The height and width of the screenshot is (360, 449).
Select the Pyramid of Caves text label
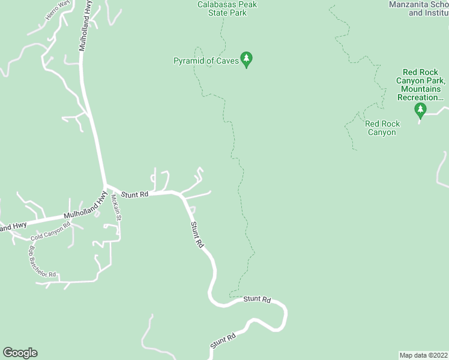205,61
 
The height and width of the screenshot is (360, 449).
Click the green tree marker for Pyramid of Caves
246,59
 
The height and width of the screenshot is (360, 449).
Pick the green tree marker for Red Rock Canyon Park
420,110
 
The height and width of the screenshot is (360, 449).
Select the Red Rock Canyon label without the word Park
382,128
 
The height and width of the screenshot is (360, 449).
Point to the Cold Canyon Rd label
50,231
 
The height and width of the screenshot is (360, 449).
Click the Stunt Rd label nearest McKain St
134,194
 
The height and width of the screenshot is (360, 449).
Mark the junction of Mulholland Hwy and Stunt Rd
106,186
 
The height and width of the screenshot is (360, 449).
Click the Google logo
20,353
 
